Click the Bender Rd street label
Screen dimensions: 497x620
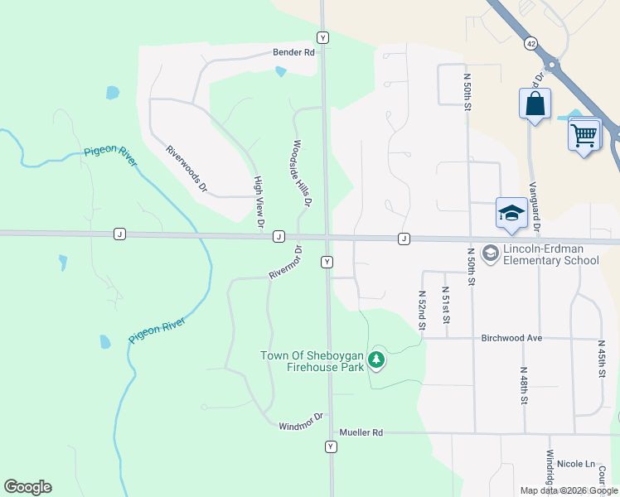tap(294, 52)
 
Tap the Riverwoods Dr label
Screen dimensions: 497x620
tap(186, 169)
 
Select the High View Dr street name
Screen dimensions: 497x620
tap(259, 201)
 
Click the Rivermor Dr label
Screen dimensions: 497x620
tap(286, 262)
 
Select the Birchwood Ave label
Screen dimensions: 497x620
tap(511, 338)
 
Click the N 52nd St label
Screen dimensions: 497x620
tap(422, 310)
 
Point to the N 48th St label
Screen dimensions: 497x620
tap(525, 387)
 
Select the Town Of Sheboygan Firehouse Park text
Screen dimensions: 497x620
tap(312, 361)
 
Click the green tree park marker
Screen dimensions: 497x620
tap(376, 359)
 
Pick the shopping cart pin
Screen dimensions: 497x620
tap(584, 133)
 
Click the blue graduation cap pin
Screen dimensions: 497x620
tap(511, 213)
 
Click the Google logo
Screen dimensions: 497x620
tap(27, 487)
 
